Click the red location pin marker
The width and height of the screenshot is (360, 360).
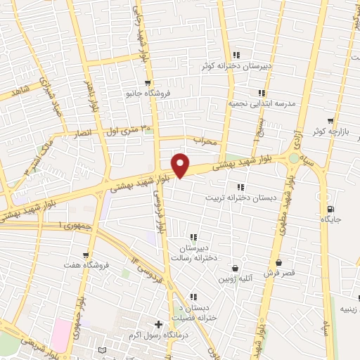[x=181, y=165]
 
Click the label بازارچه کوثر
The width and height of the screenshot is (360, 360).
[x=328, y=132]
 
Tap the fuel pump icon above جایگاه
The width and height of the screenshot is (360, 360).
[x=330, y=210]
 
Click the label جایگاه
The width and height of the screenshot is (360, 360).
[x=330, y=220]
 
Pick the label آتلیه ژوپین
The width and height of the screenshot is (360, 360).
[x=233, y=278]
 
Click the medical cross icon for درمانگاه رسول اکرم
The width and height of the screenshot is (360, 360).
[x=158, y=324]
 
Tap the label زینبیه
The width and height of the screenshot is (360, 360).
[x=349, y=308]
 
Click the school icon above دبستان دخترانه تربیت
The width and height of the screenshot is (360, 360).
[x=240, y=187]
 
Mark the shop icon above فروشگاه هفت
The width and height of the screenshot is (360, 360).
[x=86, y=255]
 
